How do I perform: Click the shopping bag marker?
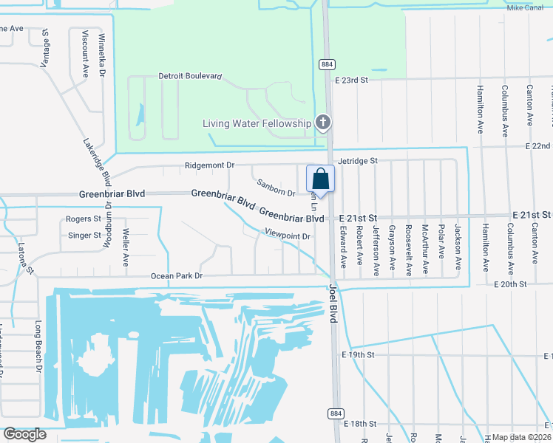(320, 179)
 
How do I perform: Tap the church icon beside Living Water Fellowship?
(322, 123)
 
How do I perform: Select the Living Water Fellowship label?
(257, 123)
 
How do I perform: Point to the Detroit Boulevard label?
(191, 76)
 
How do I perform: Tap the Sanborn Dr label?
(276, 188)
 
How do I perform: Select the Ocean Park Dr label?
(177, 275)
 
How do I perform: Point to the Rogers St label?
(84, 219)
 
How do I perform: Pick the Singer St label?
(84, 236)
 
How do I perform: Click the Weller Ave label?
(126, 251)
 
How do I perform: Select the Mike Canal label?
(526, 8)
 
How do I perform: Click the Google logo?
(24, 434)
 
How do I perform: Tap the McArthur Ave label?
(426, 249)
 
